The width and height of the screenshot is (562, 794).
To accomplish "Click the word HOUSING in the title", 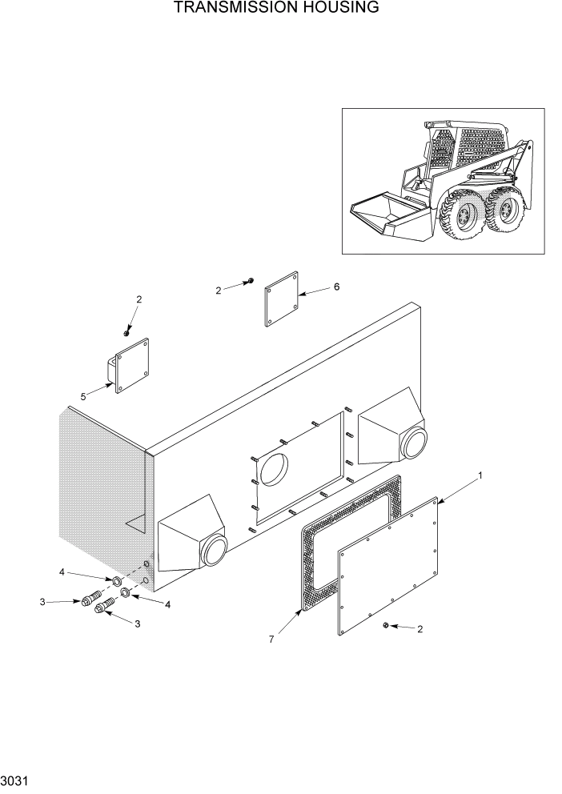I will pyautogui.click(x=336, y=9).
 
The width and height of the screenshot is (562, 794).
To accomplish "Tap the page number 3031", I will pyautogui.click(x=15, y=779).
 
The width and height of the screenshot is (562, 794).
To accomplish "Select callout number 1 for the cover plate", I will pyautogui.click(x=480, y=476).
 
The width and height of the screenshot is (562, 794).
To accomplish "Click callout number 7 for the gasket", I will pyautogui.click(x=272, y=640).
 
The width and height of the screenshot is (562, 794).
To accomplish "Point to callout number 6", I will pyautogui.click(x=336, y=287).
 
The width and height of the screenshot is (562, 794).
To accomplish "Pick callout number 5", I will pyautogui.click(x=84, y=395).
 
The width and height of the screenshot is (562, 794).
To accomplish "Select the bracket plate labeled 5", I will pyautogui.click(x=133, y=366).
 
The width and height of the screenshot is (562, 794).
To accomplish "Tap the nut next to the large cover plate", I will pyautogui.click(x=387, y=624).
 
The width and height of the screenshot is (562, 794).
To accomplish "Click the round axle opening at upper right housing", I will pyautogui.click(x=414, y=441).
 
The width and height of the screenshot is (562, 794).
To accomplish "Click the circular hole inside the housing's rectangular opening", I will pyautogui.click(x=274, y=469).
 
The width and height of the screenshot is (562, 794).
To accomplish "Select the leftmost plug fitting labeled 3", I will pyautogui.click(x=88, y=600).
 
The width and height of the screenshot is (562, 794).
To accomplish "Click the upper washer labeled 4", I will pyautogui.click(x=116, y=579).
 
